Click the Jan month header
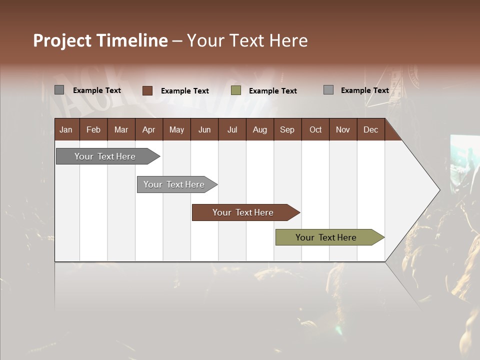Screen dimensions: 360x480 click(66, 129)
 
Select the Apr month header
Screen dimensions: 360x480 click(149, 129)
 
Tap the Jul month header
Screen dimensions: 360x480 click(232, 129)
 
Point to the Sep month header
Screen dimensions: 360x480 click(287, 129)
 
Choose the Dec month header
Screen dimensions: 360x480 click(370, 129)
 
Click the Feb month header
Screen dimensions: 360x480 click(93, 129)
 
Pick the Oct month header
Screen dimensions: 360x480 click(315, 129)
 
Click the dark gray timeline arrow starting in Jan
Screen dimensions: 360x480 click(105, 156)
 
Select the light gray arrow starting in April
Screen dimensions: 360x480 click(174, 184)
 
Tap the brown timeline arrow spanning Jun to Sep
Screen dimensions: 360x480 click(243, 212)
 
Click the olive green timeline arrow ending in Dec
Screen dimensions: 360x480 click(326, 237)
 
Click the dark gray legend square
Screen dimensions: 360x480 click(59, 90)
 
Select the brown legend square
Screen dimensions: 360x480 click(147, 90)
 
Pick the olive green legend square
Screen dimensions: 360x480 click(236, 90)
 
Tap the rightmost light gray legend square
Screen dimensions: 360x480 click(328, 90)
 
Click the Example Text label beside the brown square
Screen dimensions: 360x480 click(184, 90)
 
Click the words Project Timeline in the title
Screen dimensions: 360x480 click(100, 40)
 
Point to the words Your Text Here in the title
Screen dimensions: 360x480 click(247, 40)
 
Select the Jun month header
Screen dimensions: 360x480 click(204, 129)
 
